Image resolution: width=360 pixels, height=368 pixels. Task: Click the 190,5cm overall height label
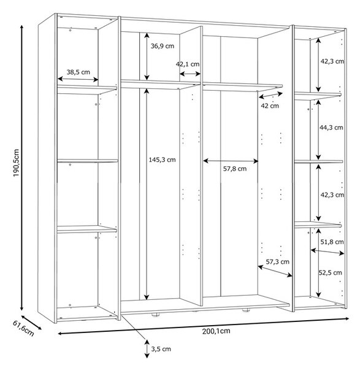tap(16, 163)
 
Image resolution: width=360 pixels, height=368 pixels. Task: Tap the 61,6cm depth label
tap(23, 328)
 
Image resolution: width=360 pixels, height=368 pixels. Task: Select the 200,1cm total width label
tap(216, 331)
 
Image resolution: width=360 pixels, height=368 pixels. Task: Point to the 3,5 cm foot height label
tap(161, 349)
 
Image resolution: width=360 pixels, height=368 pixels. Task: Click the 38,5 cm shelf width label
tap(78, 72)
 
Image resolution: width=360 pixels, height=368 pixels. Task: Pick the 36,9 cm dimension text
tap(163, 46)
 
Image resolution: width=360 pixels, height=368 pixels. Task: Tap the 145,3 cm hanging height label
tap(162, 160)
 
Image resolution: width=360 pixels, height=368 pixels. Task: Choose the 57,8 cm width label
tap(235, 169)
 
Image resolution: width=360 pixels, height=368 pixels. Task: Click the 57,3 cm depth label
tap(277, 262)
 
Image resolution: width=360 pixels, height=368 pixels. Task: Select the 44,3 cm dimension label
tap(331, 128)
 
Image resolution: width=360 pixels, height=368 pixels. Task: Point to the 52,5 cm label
tap(330, 273)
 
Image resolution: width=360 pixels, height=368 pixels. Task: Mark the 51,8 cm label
tap(332, 242)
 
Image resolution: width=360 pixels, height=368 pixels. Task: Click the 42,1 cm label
tap(188, 64)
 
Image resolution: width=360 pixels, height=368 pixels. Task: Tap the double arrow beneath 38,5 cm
tap(78, 79)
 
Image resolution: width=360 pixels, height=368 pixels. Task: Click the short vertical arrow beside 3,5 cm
tap(147, 349)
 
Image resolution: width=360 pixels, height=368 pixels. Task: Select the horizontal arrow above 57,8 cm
tap(231, 161)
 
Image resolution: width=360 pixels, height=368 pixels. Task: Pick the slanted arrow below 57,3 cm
tap(275, 271)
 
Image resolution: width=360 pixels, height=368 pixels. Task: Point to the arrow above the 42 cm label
tap(270, 95)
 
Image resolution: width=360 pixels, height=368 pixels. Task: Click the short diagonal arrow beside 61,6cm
tap(31, 322)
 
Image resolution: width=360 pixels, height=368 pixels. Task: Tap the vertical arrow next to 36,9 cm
tap(147, 56)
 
